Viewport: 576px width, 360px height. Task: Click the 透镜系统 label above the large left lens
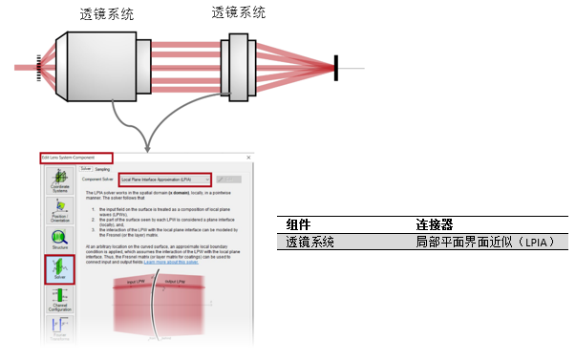108,15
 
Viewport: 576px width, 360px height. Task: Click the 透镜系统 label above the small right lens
239,12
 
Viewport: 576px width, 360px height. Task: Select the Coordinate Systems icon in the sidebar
60,182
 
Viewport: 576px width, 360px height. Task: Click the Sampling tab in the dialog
104,169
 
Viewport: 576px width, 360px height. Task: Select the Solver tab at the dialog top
86,169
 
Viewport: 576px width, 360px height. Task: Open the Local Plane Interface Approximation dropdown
165,179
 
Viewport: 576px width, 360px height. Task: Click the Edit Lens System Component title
75,157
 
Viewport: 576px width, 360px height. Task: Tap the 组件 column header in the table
298,224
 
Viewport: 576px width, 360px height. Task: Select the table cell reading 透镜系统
310,243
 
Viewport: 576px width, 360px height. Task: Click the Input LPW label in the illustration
141,285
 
